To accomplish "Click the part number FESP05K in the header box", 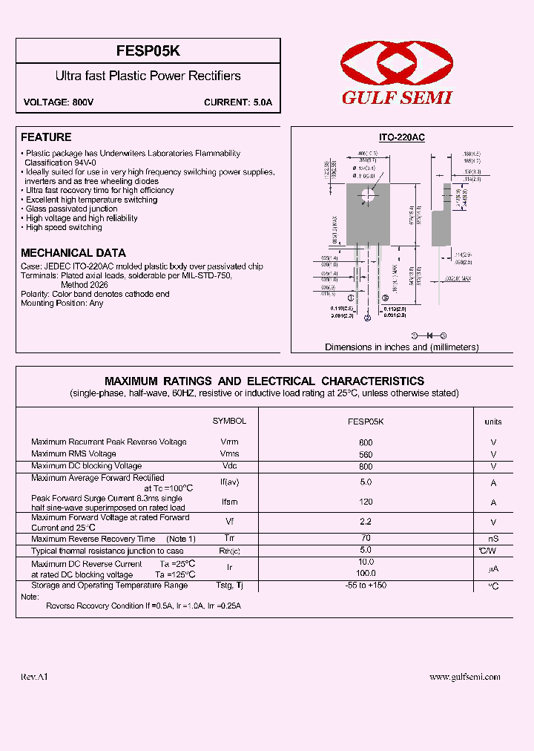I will pyautogui.click(x=148, y=51).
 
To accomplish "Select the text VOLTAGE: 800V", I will pyautogui.click(x=59, y=102).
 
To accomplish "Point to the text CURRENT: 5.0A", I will pyautogui.click(x=238, y=102).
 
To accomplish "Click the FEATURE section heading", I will pyautogui.click(x=46, y=137).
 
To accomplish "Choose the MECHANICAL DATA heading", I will pyautogui.click(x=73, y=253).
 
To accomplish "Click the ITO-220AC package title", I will pyautogui.click(x=401, y=138).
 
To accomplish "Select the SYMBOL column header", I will pyautogui.click(x=229, y=421).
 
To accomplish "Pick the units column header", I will pyautogui.click(x=492, y=422).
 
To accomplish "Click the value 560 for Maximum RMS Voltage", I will pyautogui.click(x=366, y=454).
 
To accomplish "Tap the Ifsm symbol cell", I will pyautogui.click(x=229, y=502).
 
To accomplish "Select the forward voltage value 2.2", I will pyautogui.click(x=366, y=522).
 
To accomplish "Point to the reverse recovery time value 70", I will pyautogui.click(x=366, y=538).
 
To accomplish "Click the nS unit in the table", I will pyautogui.click(x=493, y=539).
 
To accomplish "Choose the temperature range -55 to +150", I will pyautogui.click(x=366, y=586).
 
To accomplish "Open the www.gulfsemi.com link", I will pyautogui.click(x=465, y=677).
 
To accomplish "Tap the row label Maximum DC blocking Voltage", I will pyautogui.click(x=86, y=466).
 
